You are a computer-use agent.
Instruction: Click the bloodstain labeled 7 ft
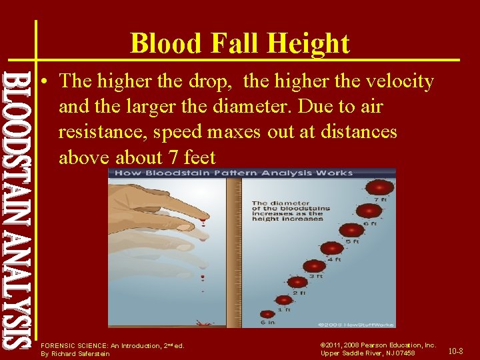pos(382,188)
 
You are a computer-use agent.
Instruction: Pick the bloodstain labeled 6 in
pos(267,314)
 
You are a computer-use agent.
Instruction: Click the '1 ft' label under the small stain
pos(284,309)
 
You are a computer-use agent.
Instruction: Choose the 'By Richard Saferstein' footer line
pos(75,353)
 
